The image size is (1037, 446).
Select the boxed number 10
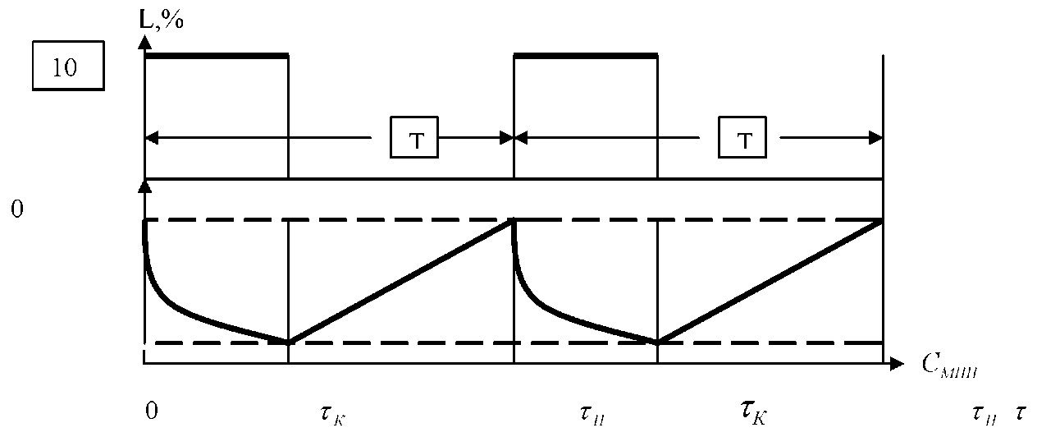click(x=67, y=67)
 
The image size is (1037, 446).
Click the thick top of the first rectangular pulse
click(x=217, y=56)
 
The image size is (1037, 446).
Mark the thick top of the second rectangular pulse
click(x=585, y=56)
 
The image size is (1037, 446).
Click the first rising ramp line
click(x=400, y=281)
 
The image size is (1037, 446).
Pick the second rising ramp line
click(x=770, y=281)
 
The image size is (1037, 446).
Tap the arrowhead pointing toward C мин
click(x=897, y=361)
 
